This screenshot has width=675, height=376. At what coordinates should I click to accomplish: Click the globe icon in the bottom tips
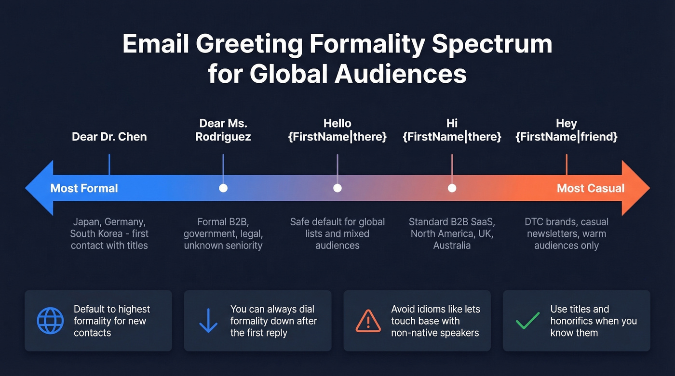pos(50,321)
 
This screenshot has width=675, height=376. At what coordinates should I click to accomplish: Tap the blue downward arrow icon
pos(208,321)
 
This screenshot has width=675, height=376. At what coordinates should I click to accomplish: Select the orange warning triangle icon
pos(368,321)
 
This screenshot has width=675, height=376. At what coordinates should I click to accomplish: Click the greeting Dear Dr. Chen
pos(109,137)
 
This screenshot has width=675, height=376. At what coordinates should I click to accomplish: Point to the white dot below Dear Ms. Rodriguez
pos(223,188)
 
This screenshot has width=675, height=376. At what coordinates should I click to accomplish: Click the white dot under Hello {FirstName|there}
pos(337,188)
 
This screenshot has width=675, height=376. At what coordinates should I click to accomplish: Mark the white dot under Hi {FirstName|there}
pos(452,188)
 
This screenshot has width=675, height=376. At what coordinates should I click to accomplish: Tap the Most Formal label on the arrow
pos(84,188)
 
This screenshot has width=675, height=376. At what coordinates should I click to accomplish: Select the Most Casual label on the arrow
pos(591,188)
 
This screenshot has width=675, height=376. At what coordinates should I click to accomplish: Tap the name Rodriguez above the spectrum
pos(223,137)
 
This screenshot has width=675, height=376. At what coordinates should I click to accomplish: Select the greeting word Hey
pos(567,123)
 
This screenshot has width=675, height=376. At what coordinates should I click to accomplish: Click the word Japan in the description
pos(89,222)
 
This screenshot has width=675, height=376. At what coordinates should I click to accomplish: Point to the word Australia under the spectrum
pos(452,246)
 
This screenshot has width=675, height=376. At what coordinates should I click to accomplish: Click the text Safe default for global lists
pos(337,228)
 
